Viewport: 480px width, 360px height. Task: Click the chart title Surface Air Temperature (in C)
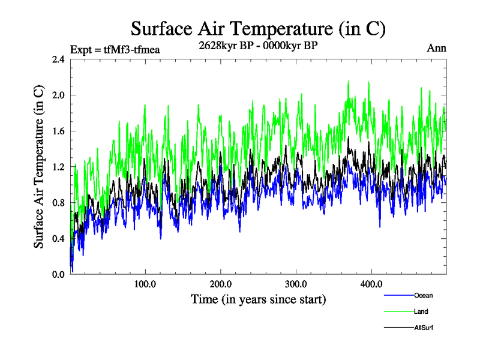[257, 28]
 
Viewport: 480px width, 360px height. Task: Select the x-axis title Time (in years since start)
[258, 299]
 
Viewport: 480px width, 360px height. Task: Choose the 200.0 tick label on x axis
[221, 284]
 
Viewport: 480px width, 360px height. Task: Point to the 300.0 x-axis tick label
[296, 284]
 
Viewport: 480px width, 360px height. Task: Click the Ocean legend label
[423, 295]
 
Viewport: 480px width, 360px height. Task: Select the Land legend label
[421, 311]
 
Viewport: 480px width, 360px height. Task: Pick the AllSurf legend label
[424, 328]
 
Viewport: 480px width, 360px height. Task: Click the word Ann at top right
[436, 48]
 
